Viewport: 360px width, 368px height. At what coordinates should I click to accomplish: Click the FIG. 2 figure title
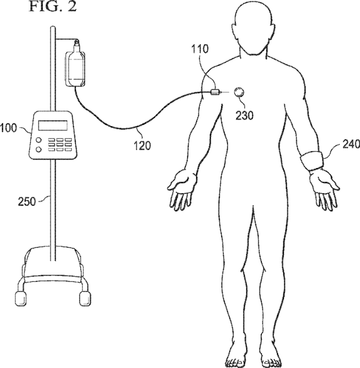[x=52, y=8]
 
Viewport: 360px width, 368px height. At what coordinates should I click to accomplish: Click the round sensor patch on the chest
[x=239, y=92]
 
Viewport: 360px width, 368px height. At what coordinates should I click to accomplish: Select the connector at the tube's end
[x=216, y=92]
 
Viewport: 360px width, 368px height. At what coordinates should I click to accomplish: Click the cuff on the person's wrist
[x=312, y=162]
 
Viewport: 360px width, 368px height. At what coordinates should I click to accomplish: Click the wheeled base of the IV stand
[x=54, y=271]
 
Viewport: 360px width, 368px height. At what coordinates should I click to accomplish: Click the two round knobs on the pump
[x=39, y=146]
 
